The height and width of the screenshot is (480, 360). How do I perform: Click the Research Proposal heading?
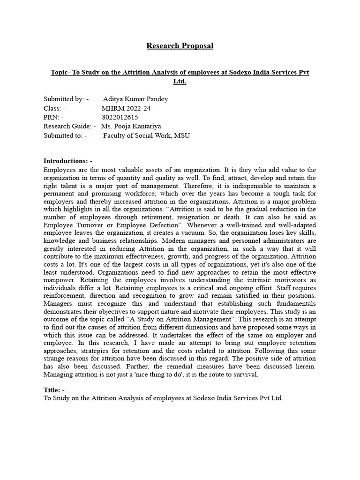(x=180, y=45)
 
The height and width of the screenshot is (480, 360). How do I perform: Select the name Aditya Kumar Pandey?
(x=135, y=99)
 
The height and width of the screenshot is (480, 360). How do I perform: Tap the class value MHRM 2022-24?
(x=126, y=108)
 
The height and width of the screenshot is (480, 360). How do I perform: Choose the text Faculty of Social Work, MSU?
(x=146, y=135)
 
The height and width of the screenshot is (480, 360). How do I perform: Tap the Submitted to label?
(x=65, y=135)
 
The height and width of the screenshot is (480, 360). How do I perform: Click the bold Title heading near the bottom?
(x=54, y=390)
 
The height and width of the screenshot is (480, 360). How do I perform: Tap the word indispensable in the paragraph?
(x=219, y=186)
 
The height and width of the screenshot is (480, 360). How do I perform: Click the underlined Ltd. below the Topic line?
(x=180, y=81)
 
